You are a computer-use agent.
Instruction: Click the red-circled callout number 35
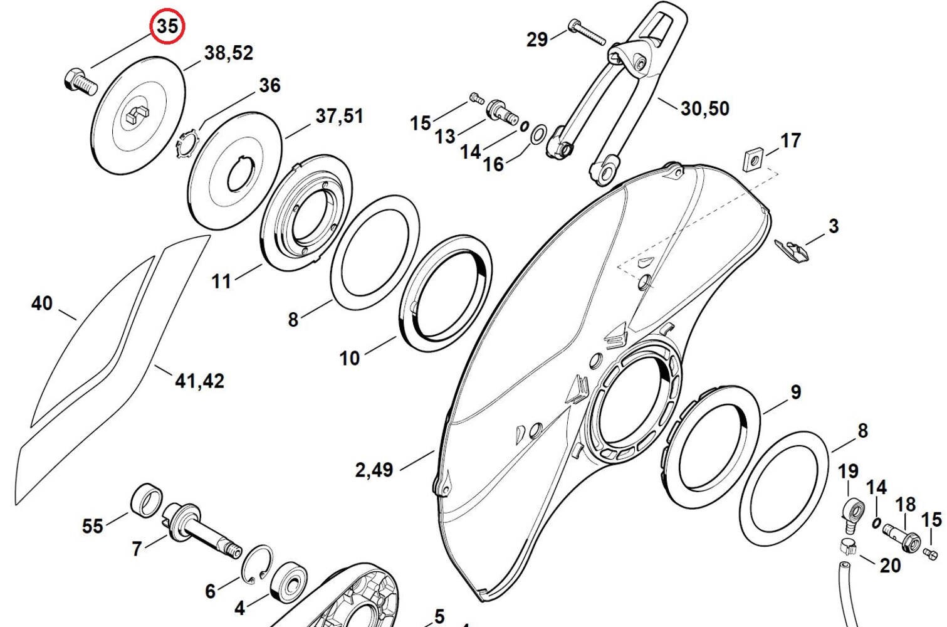click(168, 27)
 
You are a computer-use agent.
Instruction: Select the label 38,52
click(229, 53)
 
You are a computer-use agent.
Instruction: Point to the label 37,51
click(340, 116)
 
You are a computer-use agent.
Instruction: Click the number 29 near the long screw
click(537, 40)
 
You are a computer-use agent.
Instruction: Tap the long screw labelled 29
click(587, 31)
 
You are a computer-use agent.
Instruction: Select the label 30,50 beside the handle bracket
click(704, 108)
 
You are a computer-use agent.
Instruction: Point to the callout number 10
click(350, 359)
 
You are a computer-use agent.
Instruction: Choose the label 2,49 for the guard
click(374, 470)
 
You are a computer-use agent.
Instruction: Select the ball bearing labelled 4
click(289, 581)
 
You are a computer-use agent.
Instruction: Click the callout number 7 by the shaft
click(136, 549)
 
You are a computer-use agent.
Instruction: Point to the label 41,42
click(199, 381)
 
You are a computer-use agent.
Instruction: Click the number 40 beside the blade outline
click(42, 303)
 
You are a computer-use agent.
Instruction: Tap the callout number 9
click(796, 393)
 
